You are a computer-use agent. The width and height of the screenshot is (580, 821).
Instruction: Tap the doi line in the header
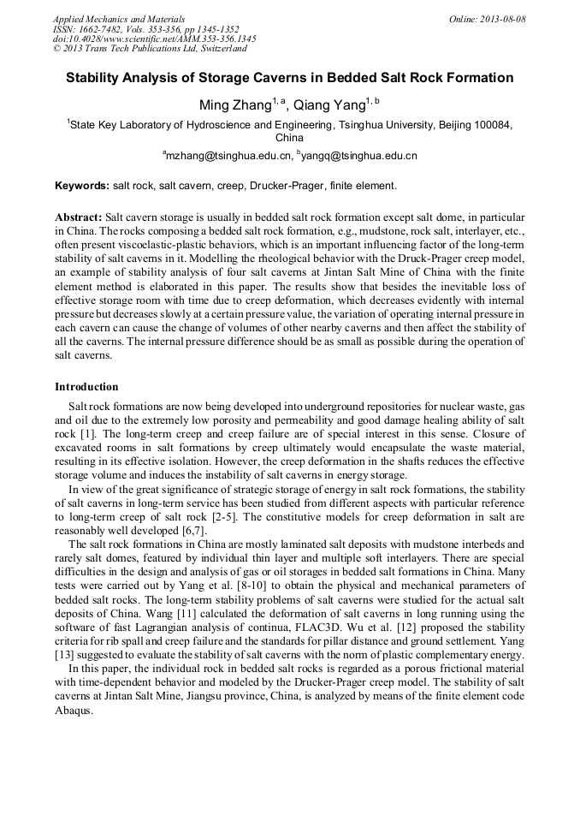pyautogui.click(x=154, y=39)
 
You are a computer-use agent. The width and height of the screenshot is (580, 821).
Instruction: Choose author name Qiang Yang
pyautogui.click(x=329, y=106)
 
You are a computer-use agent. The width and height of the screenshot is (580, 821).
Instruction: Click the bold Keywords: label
pyautogui.click(x=82, y=186)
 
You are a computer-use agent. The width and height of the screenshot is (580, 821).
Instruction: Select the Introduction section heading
pyautogui.click(x=86, y=387)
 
